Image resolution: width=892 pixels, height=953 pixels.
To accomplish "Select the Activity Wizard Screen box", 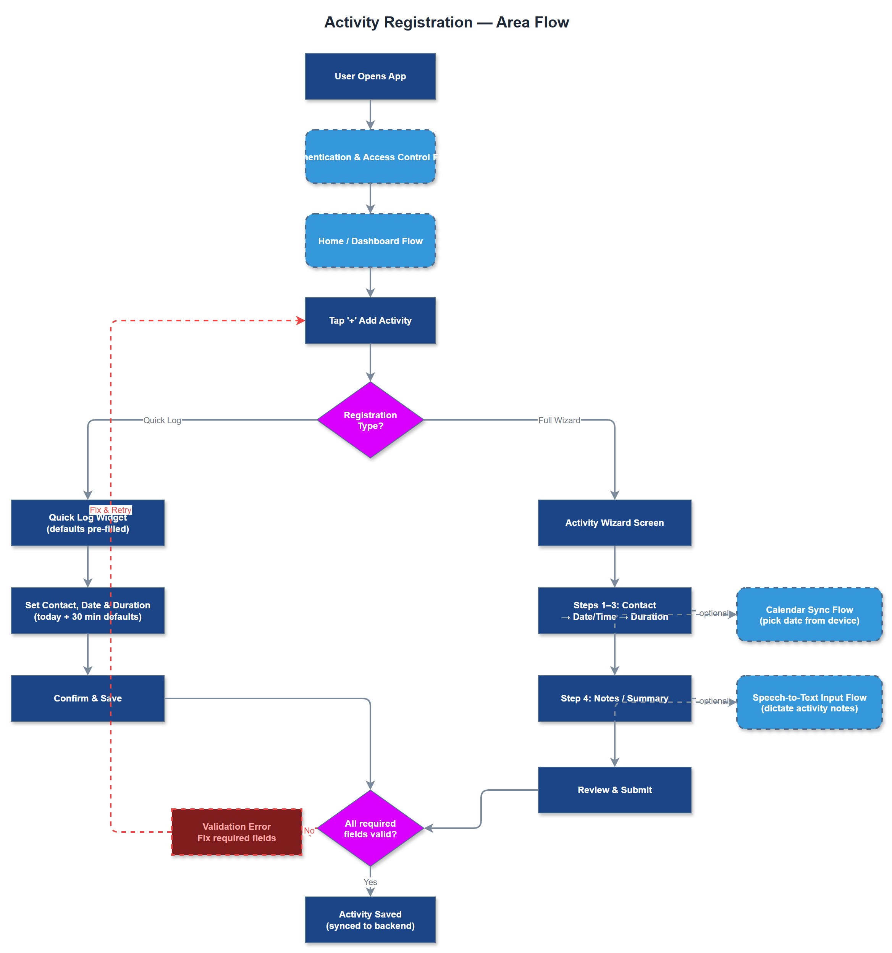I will tap(614, 522).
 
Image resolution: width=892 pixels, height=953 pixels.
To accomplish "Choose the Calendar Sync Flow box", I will tap(809, 614).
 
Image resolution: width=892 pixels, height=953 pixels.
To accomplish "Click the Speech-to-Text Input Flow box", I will tap(809, 702).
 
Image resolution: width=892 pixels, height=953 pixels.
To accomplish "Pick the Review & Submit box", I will tap(614, 790).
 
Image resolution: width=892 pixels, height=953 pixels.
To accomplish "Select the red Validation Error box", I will tap(236, 832).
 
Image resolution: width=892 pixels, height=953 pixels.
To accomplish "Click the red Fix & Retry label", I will tap(110, 510).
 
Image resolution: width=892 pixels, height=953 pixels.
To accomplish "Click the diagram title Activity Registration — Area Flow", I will tap(446, 22).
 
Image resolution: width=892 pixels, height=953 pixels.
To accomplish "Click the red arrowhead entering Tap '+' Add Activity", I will tap(300, 320).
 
